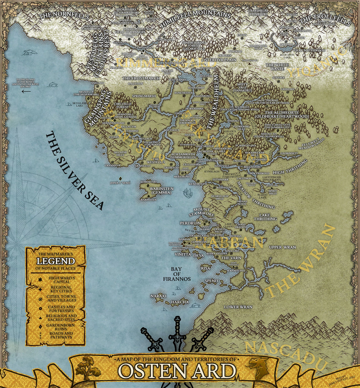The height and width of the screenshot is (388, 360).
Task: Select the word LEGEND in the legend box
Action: (x=56, y=261)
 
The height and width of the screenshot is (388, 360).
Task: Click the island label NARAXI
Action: (x=158, y=296)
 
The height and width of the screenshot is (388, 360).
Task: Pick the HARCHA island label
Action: (x=180, y=302)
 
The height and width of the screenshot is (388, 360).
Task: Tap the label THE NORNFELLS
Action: (x=64, y=16)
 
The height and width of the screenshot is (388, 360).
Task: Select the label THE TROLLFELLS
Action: (x=325, y=21)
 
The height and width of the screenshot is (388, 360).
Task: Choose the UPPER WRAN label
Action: (x=282, y=247)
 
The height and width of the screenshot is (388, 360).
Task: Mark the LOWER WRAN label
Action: (x=238, y=307)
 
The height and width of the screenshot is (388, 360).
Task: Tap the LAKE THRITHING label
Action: (x=265, y=217)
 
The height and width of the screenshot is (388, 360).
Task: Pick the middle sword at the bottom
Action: (x=177, y=333)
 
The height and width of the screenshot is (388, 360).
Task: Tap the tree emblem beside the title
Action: (x=88, y=367)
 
